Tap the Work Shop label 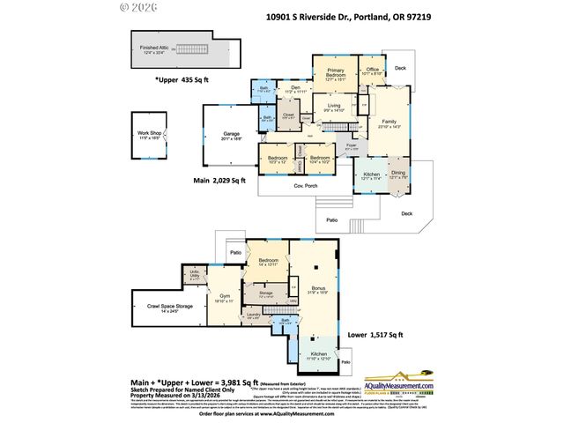pyautogui.click(x=148, y=134)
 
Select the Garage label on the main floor pyautogui.click(x=229, y=134)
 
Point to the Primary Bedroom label pyautogui.click(x=335, y=72)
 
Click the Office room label pyautogui.click(x=372, y=70)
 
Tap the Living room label pyautogui.click(x=334, y=107)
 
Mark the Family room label pyautogui.click(x=389, y=122)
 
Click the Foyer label pyautogui.click(x=351, y=145)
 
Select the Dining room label pyautogui.click(x=398, y=174)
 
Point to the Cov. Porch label pyautogui.click(x=305, y=187)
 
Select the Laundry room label pyautogui.click(x=252, y=314)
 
